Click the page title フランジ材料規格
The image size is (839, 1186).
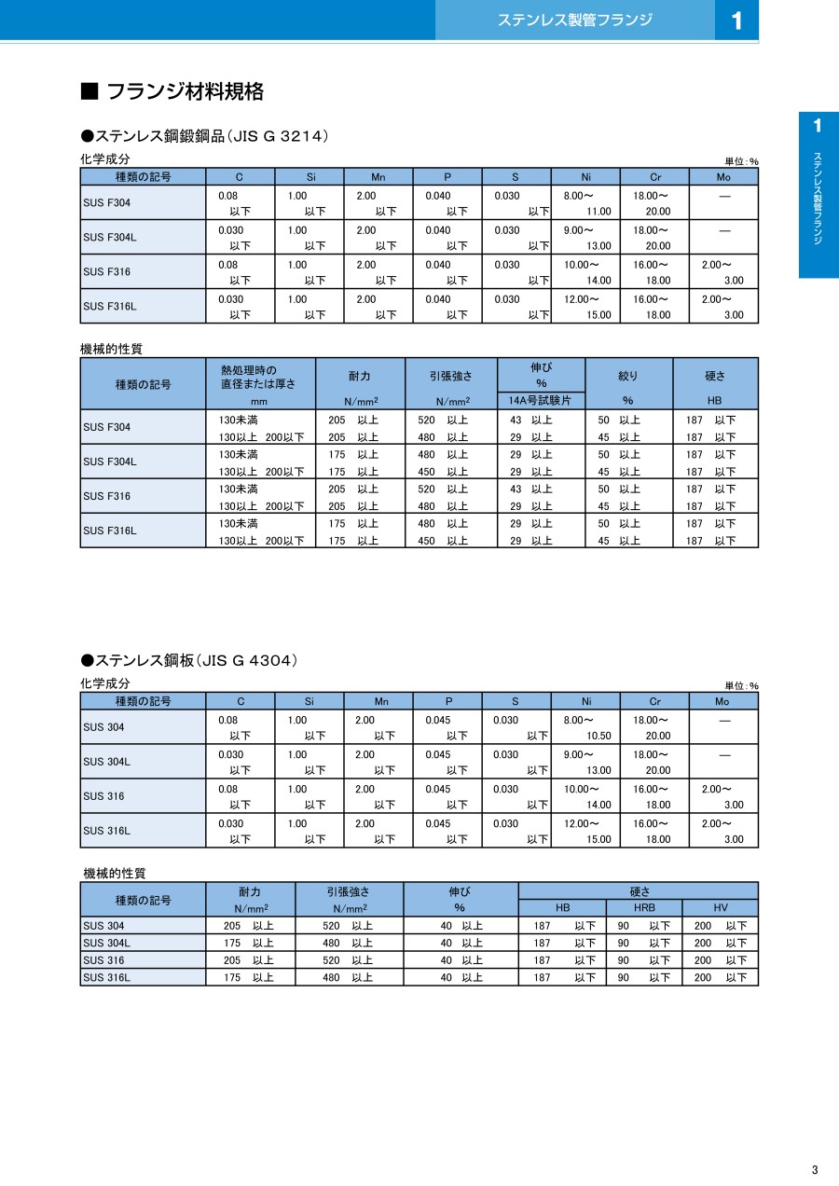coord(186,91)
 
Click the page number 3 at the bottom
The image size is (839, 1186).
coord(814,1170)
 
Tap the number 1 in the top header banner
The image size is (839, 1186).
coord(736,21)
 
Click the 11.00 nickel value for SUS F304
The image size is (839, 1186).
coord(598,212)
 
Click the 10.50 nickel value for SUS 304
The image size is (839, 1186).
coord(598,736)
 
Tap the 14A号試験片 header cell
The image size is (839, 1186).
coord(541,400)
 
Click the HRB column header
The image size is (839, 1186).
coord(644,907)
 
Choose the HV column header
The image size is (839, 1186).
coord(721,907)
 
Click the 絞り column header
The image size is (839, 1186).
coord(628,376)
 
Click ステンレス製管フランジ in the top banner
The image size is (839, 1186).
coord(574,20)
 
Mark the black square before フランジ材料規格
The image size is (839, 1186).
coord(89,91)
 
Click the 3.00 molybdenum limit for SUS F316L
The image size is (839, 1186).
coord(734,315)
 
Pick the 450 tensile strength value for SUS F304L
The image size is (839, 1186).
coord(426,472)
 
